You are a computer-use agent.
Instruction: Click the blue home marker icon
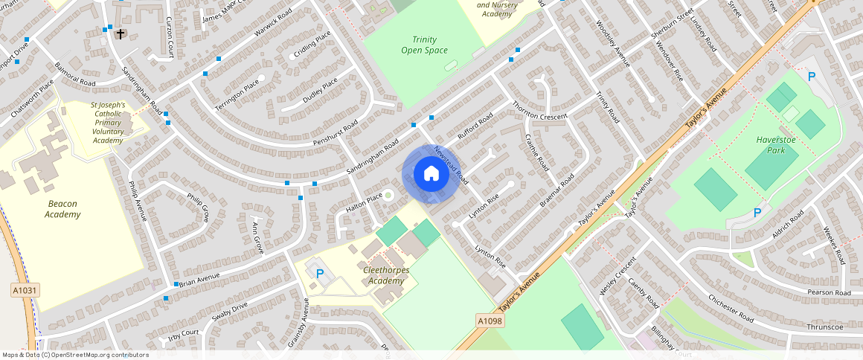430,174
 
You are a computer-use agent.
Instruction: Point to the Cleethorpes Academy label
385,275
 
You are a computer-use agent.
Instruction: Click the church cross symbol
121,34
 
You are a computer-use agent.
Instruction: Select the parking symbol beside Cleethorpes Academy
320,273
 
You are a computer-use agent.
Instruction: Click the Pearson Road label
829,293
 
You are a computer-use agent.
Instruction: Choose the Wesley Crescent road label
617,276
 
